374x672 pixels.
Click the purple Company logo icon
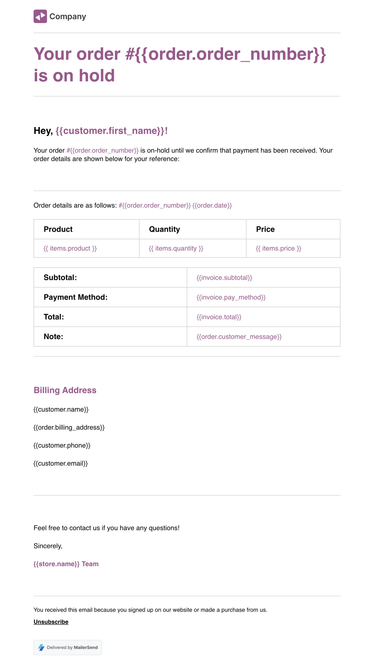(x=40, y=16)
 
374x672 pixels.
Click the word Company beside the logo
(x=68, y=16)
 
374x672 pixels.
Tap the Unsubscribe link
(x=51, y=622)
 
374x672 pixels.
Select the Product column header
(x=58, y=229)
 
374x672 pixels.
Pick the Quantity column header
(x=165, y=229)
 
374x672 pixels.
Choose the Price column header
(x=265, y=229)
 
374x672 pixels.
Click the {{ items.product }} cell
(x=70, y=248)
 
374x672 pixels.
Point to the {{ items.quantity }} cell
(x=176, y=248)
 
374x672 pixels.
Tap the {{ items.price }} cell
(x=278, y=248)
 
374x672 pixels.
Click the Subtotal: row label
(x=60, y=277)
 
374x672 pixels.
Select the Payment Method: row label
(x=76, y=297)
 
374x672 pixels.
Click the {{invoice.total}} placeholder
(x=219, y=317)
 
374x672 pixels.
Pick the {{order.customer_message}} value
(x=239, y=336)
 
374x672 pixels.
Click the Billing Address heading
(x=65, y=390)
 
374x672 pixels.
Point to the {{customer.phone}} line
(x=62, y=445)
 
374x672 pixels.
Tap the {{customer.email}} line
(x=60, y=463)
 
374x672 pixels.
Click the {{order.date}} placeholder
(x=212, y=205)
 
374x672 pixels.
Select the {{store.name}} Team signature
(x=66, y=564)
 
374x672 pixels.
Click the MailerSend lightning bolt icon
(x=41, y=647)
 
